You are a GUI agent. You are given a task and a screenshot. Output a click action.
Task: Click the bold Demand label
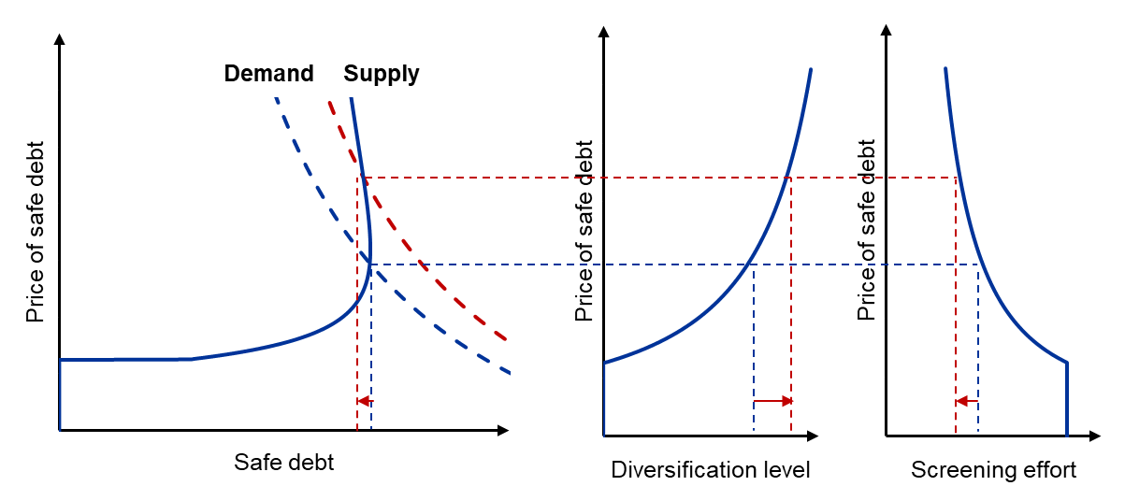(268, 74)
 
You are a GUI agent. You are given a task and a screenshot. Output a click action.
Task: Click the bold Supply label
(382, 74)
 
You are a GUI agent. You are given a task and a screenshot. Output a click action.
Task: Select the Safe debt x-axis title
(283, 462)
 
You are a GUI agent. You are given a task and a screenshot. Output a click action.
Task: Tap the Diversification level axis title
(711, 469)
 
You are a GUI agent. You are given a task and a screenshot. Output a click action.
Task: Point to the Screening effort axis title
(993, 469)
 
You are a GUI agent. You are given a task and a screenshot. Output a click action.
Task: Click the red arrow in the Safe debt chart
(364, 401)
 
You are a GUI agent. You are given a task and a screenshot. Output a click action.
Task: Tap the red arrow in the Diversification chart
(772, 401)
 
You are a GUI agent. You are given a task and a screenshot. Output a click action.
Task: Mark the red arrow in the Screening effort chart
(966, 401)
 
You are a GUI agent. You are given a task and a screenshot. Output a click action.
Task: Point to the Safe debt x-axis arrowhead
(503, 431)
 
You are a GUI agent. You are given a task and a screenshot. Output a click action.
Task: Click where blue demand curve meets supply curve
(370, 265)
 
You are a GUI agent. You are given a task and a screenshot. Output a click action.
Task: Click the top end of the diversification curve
(810, 70)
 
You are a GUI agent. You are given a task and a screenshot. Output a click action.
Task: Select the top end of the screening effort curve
(945, 69)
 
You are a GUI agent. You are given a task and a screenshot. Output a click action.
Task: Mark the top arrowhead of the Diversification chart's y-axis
(604, 28)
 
